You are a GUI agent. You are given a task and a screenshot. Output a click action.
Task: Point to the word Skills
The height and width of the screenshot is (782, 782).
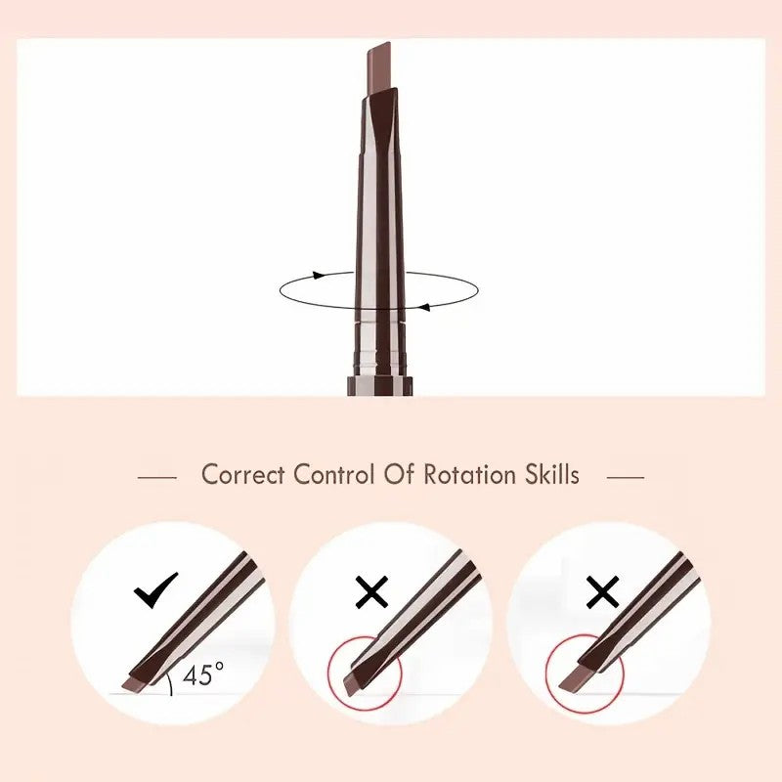pos(551,476)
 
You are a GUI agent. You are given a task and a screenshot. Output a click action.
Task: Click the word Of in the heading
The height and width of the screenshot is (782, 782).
pos(396,476)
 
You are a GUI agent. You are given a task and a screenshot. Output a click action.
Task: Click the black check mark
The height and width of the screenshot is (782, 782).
pos(155,590)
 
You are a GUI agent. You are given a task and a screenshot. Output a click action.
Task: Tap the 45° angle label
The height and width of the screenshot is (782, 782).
pos(203,674)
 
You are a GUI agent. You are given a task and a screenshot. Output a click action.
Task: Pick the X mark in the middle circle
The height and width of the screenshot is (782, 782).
pos(371,591)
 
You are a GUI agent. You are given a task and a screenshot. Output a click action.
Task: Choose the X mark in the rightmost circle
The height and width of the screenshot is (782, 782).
pos(603,591)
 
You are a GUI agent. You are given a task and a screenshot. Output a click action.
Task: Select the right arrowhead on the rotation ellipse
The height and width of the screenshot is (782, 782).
pos(424,307)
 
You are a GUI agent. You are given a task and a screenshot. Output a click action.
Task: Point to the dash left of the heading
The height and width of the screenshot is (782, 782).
pos(156,478)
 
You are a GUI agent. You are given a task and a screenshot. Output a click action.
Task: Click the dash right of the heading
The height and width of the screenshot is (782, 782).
pos(626,478)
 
